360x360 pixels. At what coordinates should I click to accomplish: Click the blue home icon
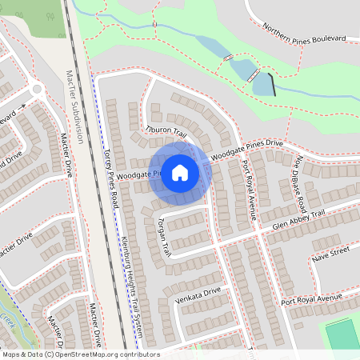click(180, 172)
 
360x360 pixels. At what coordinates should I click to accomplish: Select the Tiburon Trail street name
click(166, 130)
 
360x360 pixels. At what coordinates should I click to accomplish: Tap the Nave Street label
click(332, 253)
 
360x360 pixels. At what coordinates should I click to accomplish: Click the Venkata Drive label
click(197, 298)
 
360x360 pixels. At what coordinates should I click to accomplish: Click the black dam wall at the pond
click(272, 84)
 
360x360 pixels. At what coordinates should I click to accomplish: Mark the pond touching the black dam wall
click(261, 84)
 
